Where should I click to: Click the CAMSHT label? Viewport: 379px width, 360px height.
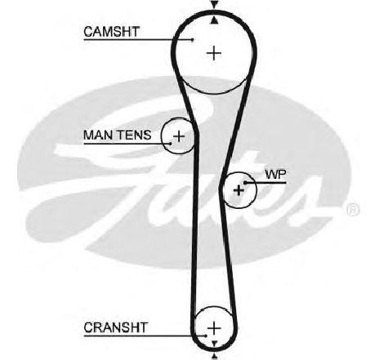coord(111,32)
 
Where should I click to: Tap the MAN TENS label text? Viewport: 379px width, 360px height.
coord(118,135)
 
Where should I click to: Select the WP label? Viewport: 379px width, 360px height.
coord(275,175)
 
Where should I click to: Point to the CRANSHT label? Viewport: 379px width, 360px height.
coord(116,327)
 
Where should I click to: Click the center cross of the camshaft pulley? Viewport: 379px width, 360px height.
coord(214,53)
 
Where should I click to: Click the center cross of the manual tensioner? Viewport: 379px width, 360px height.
coord(179,136)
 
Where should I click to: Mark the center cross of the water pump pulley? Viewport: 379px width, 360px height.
coord(239,190)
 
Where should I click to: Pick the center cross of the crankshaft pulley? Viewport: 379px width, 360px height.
coord(214,328)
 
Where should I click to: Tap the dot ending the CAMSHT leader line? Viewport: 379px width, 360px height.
coord(193,40)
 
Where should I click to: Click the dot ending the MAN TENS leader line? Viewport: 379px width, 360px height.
coord(171,144)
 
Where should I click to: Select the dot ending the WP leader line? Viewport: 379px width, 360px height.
coord(245,183)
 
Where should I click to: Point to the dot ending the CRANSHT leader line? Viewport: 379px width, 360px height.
coord(206,336)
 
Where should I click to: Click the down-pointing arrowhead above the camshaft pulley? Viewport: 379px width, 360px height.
coord(214,5)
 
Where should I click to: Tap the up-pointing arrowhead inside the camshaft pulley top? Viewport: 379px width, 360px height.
coord(215,20)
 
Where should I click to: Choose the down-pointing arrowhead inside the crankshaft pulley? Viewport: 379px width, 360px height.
coord(214,343)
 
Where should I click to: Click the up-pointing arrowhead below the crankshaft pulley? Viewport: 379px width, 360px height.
coord(215,356)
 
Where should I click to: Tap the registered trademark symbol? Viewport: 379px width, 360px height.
coord(353,210)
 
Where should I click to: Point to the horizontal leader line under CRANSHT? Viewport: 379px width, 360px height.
coord(145,336)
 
